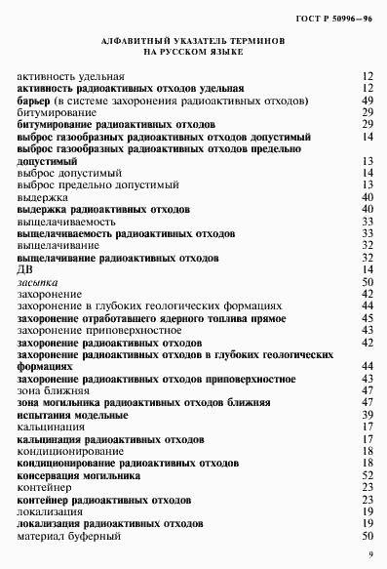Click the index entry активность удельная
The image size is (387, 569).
[x=71, y=76]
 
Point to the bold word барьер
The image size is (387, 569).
[x=34, y=101]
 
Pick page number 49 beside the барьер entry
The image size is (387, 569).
[x=368, y=101]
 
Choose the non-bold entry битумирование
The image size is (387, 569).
[x=56, y=113]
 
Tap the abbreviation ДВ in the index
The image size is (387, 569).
[x=27, y=269]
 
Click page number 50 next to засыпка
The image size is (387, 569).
[x=368, y=281]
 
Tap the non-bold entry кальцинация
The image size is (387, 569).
[x=51, y=427]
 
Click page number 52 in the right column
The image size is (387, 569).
[x=368, y=474]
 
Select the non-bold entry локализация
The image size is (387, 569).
[x=51, y=510]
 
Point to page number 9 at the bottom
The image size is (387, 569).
[x=371, y=555]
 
